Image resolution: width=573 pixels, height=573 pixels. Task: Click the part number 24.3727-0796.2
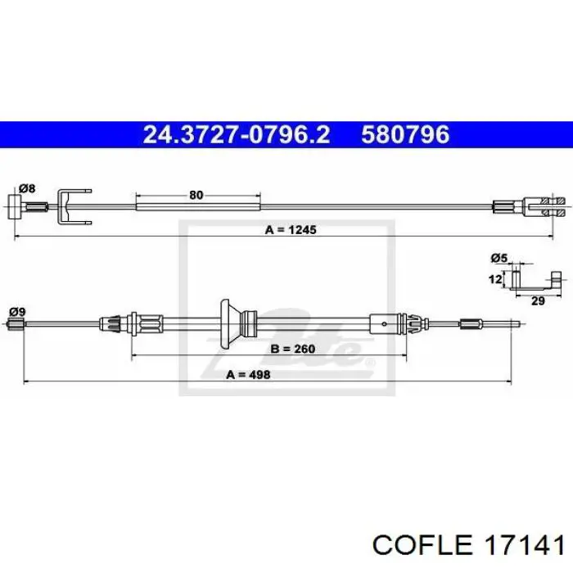click(236, 134)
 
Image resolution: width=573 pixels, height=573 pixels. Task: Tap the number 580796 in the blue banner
click(406, 134)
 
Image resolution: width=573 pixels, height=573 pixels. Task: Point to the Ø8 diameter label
click(28, 189)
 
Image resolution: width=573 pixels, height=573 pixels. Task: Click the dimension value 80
click(196, 195)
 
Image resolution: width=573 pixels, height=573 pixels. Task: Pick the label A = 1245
click(291, 230)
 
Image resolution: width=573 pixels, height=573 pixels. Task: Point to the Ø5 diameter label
click(499, 259)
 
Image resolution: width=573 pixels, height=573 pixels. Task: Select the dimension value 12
click(494, 279)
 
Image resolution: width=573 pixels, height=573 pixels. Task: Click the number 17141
click(522, 544)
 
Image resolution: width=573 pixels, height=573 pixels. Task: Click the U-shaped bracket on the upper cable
click(73, 205)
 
